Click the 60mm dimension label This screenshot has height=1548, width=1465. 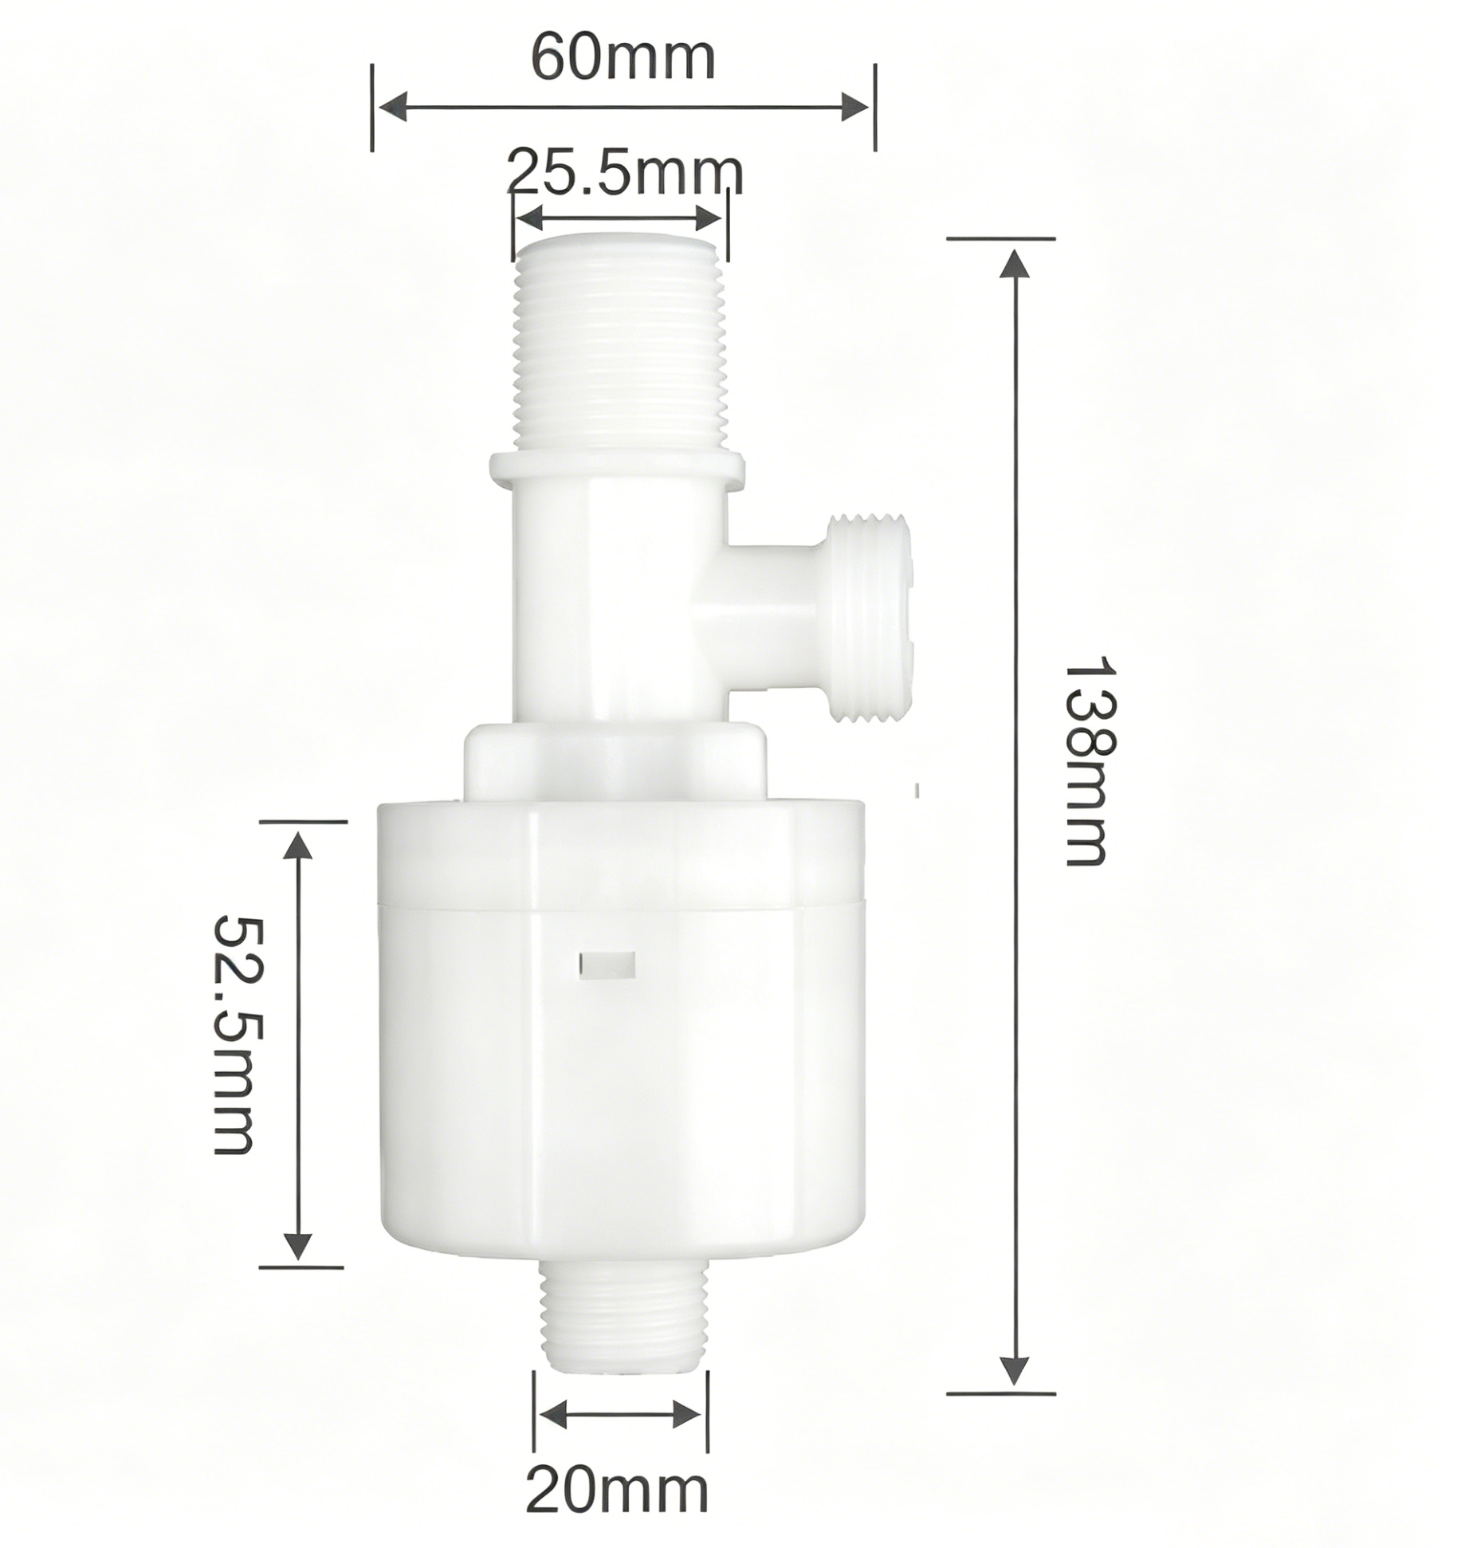(x=623, y=58)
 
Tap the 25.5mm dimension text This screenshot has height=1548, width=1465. (x=625, y=171)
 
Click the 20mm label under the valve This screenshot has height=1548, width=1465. (x=616, y=1491)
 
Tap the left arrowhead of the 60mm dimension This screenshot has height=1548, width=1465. (x=392, y=108)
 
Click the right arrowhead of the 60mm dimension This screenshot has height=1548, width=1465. (x=855, y=108)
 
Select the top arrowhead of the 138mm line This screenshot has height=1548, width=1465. (x=1015, y=263)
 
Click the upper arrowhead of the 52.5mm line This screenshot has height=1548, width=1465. (x=298, y=846)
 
